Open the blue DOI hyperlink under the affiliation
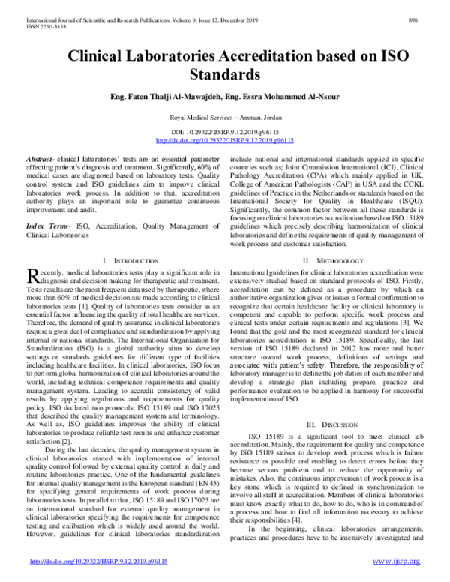pyautogui.click(x=224, y=140)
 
